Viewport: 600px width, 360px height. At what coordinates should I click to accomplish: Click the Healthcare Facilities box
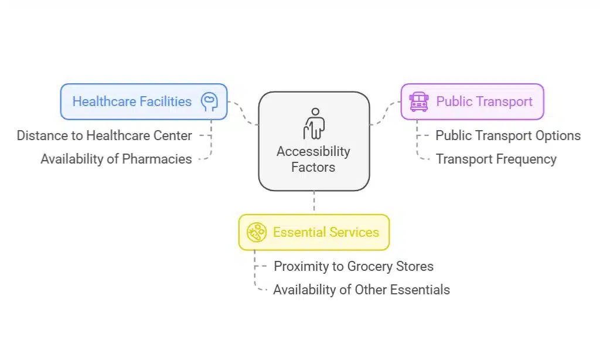click(x=144, y=101)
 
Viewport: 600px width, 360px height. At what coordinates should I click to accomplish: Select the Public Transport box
click(x=472, y=101)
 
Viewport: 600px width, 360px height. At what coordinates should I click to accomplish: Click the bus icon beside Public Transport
click(x=419, y=101)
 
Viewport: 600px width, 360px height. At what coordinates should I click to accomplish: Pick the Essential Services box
click(x=313, y=232)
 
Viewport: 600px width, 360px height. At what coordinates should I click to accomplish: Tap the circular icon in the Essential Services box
click(x=256, y=232)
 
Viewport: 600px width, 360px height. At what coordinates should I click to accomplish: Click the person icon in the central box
click(x=313, y=123)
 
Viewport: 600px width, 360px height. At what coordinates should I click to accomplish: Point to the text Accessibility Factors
click(x=313, y=159)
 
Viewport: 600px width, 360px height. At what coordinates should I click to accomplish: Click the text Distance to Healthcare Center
click(x=104, y=135)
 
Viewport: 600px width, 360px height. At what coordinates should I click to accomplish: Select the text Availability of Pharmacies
click(x=116, y=159)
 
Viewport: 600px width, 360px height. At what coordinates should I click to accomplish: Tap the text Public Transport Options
click(x=508, y=135)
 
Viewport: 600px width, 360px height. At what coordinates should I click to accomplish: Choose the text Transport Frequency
click(x=496, y=159)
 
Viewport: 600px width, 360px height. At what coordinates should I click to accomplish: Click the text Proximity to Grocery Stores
click(x=354, y=266)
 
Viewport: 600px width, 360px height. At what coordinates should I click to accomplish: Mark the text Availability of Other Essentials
click(x=362, y=290)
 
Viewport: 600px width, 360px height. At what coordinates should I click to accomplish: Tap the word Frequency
click(x=526, y=159)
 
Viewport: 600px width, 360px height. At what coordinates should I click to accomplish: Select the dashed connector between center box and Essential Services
click(x=314, y=202)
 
